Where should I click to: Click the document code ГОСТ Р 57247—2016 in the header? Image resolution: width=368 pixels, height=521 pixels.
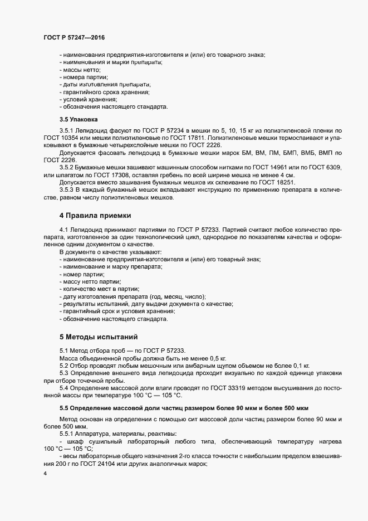click(74, 37)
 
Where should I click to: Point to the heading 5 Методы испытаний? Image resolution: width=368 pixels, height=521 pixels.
click(95, 337)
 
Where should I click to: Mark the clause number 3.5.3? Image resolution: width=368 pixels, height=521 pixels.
click(68, 190)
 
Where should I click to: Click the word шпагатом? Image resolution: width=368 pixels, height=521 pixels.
click(65, 174)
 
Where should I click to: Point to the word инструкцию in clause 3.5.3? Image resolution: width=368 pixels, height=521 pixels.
click(207, 190)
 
